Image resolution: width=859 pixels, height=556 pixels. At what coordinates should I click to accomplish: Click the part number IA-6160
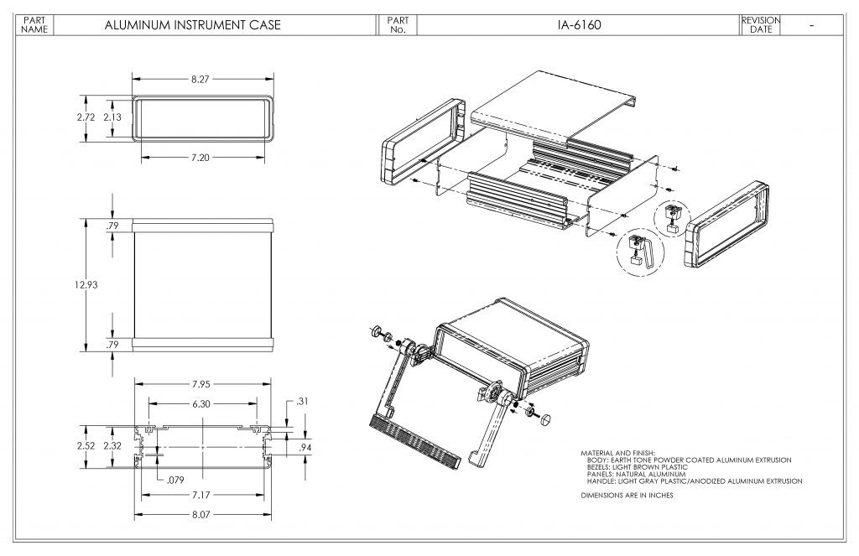[x=579, y=25]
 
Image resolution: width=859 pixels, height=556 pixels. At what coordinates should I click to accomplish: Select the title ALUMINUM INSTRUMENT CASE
[x=192, y=25]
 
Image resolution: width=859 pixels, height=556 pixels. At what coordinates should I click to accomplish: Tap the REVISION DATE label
[x=761, y=25]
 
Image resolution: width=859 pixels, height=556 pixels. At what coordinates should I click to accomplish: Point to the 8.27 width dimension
[x=200, y=79]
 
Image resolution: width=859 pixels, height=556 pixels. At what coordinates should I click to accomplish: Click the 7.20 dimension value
[x=200, y=158]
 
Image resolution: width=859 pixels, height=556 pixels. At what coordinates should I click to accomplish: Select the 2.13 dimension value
[x=112, y=117]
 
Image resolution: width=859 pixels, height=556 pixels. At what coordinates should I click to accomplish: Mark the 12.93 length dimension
[x=86, y=284]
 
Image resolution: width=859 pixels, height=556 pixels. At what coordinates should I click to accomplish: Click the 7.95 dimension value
[x=200, y=385]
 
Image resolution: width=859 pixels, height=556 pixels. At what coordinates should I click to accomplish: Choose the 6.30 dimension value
[x=200, y=403]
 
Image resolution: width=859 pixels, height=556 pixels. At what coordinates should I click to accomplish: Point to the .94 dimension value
[x=305, y=449]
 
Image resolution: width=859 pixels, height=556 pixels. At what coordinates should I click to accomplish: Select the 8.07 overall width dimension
[x=200, y=515]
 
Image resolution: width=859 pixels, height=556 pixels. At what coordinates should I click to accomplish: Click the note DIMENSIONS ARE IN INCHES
[x=627, y=496]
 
